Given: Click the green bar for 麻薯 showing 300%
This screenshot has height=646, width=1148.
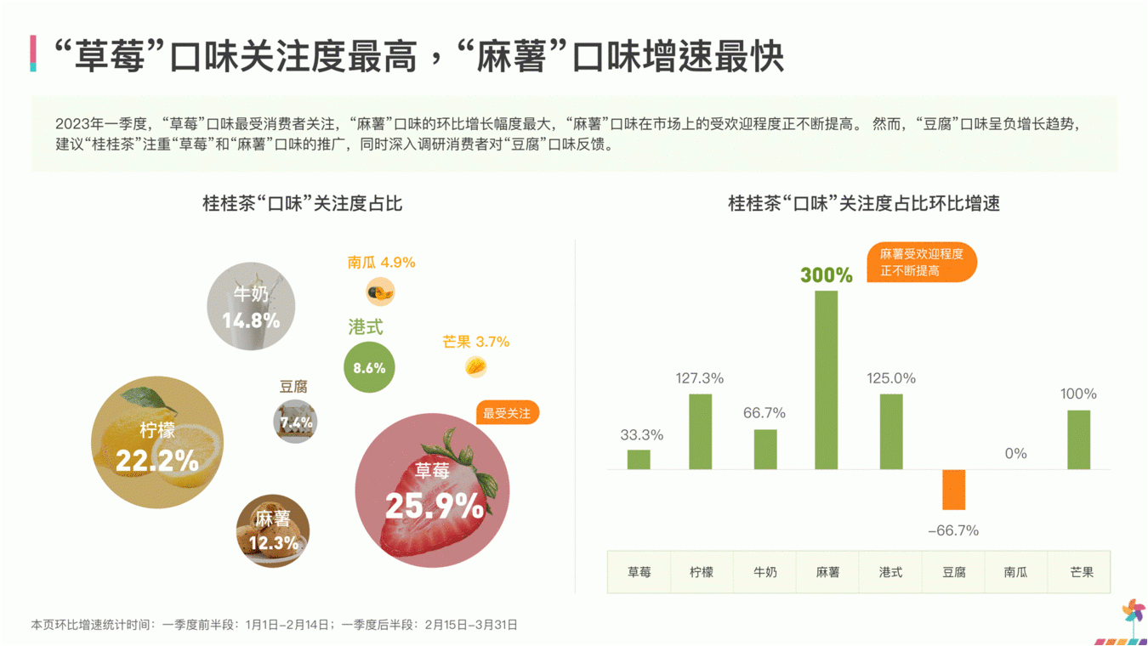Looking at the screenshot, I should click(826, 380).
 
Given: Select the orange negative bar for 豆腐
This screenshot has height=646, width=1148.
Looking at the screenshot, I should click(953, 490).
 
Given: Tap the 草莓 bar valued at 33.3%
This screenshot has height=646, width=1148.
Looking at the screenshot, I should click(639, 459).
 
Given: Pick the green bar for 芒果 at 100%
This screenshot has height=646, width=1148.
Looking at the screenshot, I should click(1078, 439).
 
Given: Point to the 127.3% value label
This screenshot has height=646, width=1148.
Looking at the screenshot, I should click(700, 378).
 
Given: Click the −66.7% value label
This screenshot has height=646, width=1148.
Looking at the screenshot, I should click(952, 530).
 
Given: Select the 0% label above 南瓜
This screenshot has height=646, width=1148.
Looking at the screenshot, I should click(1015, 453).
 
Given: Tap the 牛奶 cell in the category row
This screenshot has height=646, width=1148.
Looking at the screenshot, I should click(764, 572).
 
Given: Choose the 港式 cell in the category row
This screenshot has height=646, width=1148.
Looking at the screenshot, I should click(890, 572).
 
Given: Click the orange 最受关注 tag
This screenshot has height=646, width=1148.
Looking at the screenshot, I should click(507, 413).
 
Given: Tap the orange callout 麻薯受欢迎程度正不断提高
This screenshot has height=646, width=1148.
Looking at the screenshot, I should click(921, 263).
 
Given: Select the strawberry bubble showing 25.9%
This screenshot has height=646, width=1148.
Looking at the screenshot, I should click(432, 490).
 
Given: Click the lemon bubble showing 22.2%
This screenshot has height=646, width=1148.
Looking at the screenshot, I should click(157, 442).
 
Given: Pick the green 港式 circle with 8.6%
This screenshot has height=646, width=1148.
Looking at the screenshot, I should click(369, 367).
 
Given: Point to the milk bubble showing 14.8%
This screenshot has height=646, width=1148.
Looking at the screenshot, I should click(251, 306).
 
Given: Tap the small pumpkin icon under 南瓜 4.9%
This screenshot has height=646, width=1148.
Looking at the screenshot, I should click(380, 292).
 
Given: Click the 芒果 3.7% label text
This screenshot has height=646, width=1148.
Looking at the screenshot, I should click(475, 342).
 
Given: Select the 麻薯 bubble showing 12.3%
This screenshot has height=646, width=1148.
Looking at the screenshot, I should click(273, 531).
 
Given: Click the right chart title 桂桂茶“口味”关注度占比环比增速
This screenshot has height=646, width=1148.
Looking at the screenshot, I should click(863, 204).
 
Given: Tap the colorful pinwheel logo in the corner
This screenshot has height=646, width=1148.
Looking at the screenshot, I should click(1132, 611).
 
